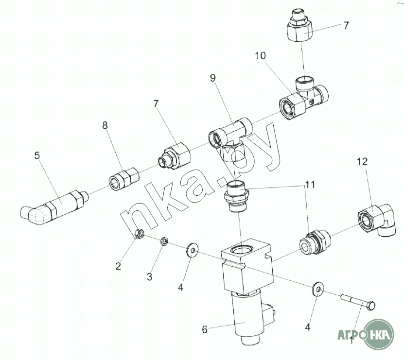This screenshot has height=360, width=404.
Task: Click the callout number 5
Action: pos(37,155)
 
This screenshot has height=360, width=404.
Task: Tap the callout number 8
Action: pos(105,125)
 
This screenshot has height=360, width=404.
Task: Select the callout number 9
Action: pos(212,78)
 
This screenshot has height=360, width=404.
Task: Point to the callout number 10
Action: pos(260,55)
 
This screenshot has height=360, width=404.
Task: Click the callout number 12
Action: pos(362,162)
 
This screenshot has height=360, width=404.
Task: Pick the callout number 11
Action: pos(311,185)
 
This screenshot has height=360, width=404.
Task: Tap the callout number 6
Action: pos(205,329)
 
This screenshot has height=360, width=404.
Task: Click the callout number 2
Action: pos(118,266)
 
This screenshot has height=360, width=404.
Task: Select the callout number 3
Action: pos(149,277)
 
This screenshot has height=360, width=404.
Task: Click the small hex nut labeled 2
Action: pos(140,234)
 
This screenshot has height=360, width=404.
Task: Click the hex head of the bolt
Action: pos(371,306)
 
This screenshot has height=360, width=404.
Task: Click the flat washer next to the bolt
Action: pos(318,289)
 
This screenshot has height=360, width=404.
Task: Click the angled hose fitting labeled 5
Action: pos(53,207)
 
